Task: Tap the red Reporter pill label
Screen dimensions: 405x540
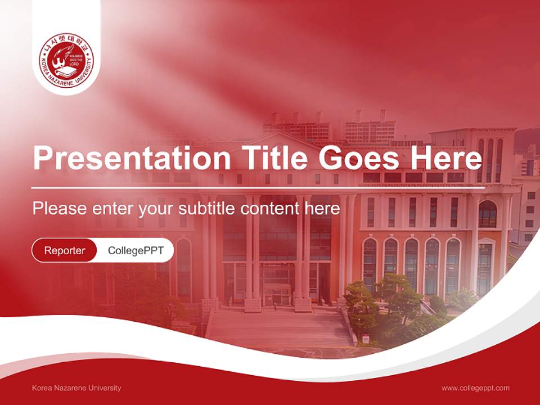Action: pyautogui.click(x=65, y=250)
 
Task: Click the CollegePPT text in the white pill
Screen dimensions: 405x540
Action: pyautogui.click(x=136, y=250)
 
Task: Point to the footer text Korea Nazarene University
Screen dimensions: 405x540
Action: pyautogui.click(x=76, y=388)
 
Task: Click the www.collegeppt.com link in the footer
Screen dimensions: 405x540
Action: pyautogui.click(x=475, y=388)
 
